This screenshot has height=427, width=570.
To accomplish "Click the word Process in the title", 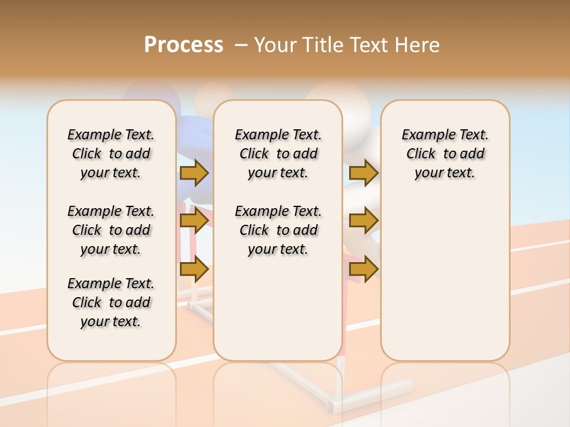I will (x=183, y=45).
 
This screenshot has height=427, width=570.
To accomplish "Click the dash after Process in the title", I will (x=240, y=46).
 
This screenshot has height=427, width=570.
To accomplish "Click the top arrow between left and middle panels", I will (x=194, y=173).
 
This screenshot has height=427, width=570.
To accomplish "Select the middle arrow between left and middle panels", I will (x=194, y=221).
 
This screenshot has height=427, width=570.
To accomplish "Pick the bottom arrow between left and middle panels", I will (x=194, y=269).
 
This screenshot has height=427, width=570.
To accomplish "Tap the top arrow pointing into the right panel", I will (x=363, y=173).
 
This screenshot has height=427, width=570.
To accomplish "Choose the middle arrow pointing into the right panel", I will (x=363, y=221).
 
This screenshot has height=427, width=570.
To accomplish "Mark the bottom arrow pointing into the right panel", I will (x=363, y=269).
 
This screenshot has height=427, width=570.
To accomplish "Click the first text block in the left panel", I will (x=111, y=154).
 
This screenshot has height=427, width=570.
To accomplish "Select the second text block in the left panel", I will (x=111, y=230).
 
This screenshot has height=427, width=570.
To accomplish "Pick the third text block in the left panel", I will (x=111, y=302).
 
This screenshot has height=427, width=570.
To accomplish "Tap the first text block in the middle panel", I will (x=278, y=154).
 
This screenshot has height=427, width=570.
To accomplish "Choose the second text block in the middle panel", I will (x=278, y=230).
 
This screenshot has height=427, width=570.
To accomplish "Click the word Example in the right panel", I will (x=422, y=135).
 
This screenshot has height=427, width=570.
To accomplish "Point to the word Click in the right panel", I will (x=421, y=154).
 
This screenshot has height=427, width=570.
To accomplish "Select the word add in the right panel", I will (x=473, y=154).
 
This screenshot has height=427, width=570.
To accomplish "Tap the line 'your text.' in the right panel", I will (x=445, y=173).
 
